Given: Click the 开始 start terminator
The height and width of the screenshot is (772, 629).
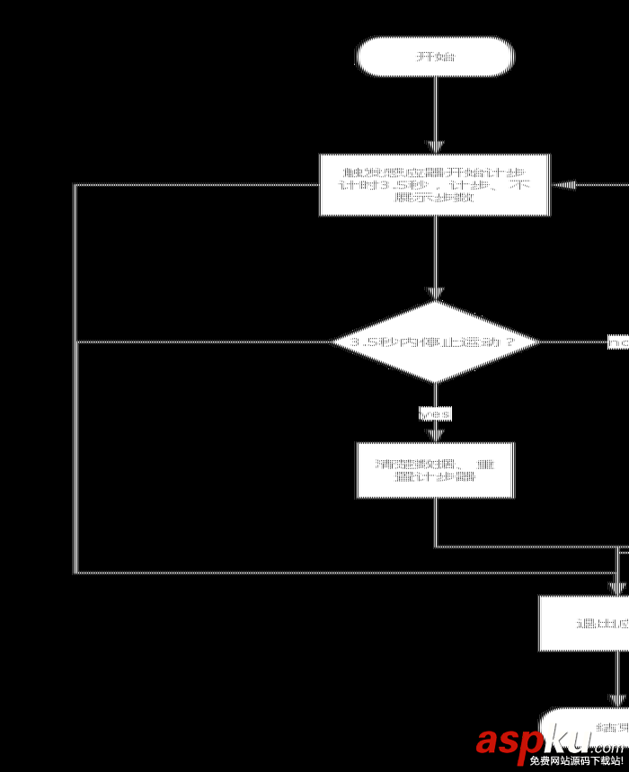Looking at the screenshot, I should (x=436, y=57).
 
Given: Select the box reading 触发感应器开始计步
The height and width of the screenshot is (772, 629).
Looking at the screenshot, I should (x=435, y=185).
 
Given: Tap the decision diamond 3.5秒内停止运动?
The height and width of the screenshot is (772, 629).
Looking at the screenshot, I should (x=435, y=342).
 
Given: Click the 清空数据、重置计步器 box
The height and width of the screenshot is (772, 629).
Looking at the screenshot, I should (x=435, y=470).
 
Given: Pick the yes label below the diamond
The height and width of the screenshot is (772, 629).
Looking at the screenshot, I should (x=435, y=413).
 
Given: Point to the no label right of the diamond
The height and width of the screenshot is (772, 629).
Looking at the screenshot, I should (x=618, y=342).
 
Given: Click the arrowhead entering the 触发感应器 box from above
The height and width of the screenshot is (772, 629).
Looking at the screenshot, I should (x=435, y=146).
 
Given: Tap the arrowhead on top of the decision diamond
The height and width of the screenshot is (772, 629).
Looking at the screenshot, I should (x=435, y=294).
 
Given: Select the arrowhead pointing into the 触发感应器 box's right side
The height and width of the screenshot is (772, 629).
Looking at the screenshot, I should (x=564, y=185).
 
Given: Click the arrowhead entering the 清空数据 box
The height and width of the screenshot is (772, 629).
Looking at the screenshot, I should (x=435, y=435).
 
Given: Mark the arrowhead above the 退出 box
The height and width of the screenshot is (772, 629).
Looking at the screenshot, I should (x=617, y=588).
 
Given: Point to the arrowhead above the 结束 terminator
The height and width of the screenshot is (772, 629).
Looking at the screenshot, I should (x=617, y=700).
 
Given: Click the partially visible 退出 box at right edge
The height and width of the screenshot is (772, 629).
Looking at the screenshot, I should (x=585, y=623).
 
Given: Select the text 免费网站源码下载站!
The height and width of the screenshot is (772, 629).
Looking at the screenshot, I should (x=576, y=761).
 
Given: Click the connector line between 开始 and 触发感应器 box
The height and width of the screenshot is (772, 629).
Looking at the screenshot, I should (x=435, y=108).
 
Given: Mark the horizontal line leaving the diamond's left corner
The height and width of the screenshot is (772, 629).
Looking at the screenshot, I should (x=207, y=342).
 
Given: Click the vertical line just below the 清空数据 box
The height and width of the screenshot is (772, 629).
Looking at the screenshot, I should (x=435, y=521).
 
